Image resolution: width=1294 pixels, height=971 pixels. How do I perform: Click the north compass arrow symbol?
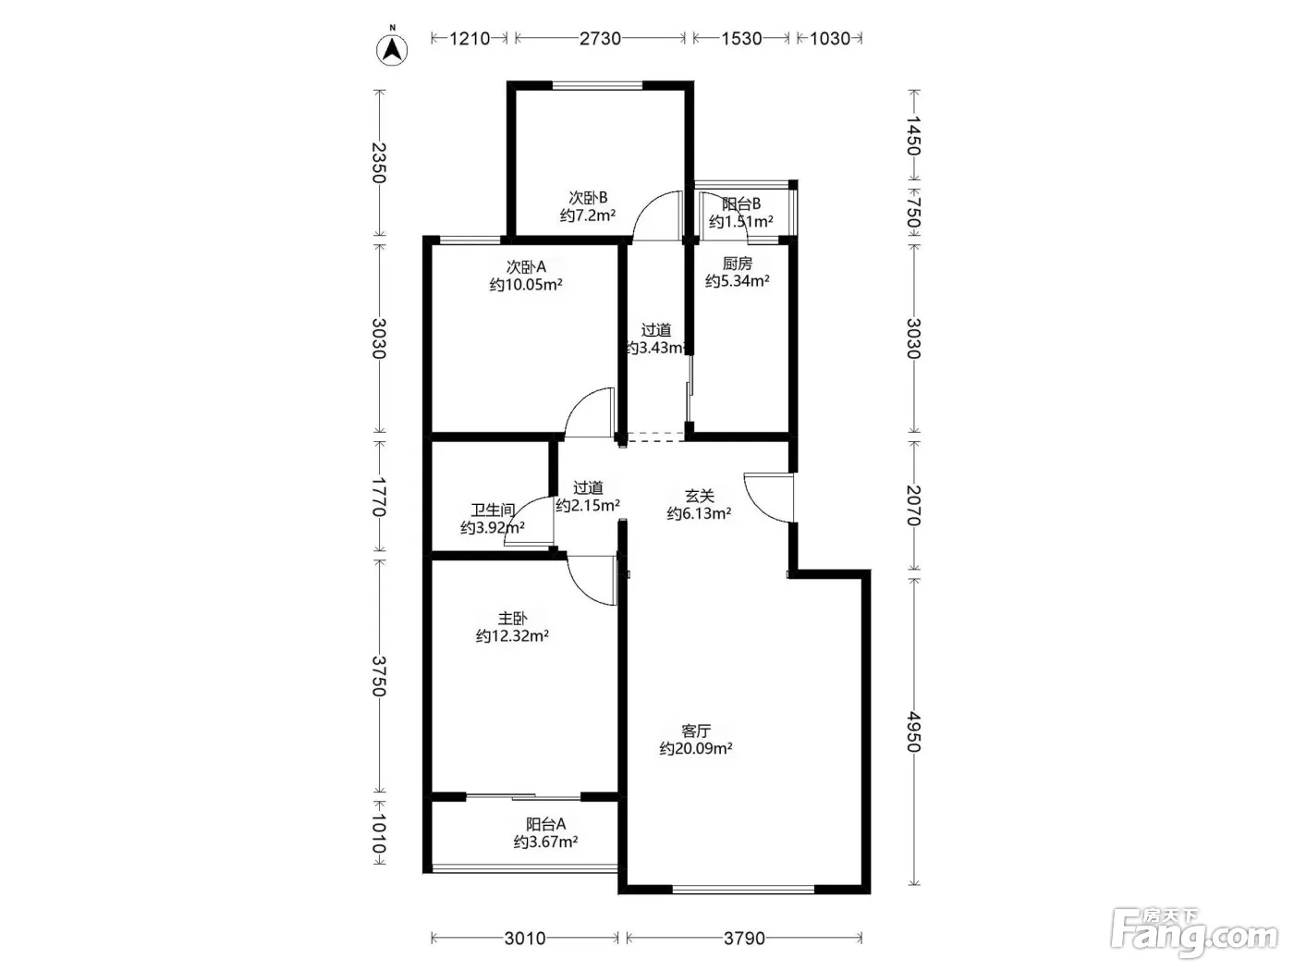pos(392,49)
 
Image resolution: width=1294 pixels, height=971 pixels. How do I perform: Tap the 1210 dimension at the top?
pos(470,39)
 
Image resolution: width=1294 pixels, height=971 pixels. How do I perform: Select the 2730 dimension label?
pos(600,39)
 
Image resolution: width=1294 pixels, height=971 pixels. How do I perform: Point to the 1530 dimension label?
pos(741,39)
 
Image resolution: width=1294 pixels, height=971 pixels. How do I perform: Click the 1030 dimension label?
pos(829,39)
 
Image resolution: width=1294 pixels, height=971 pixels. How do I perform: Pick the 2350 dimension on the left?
pos(379,163)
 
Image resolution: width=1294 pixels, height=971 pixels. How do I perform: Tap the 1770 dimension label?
pos(379,497)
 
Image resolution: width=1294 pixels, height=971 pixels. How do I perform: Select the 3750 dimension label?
pos(379,676)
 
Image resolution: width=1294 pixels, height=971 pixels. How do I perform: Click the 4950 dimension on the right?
pos(913,731)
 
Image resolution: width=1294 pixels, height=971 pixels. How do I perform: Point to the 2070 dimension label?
pos(913,505)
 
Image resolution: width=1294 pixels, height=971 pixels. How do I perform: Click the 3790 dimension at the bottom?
pos(744,938)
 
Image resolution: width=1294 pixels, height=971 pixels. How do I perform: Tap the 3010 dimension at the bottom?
pos(525,938)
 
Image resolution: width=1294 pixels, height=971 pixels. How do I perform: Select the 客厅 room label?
pos(696,731)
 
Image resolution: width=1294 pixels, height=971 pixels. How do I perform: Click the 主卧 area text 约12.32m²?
pos(512,636)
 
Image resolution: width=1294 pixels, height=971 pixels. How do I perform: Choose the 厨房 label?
pos(738,264)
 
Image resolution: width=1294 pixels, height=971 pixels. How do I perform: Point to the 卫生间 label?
pos(493,510)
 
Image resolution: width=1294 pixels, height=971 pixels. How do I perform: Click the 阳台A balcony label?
pos(546,824)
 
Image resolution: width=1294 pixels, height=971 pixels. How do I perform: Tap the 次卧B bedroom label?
pos(588,198)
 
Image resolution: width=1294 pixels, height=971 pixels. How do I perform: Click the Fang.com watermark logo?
pos(1194,934)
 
